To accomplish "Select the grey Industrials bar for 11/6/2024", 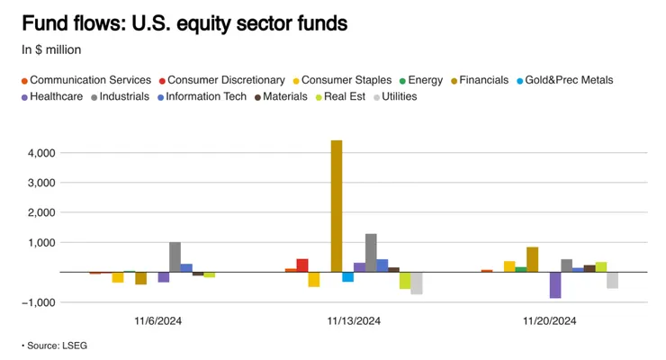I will pyautogui.click(x=175, y=256).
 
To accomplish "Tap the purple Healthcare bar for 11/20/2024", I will pyautogui.click(x=554, y=284).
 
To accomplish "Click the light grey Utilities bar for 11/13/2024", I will pyautogui.click(x=417, y=283).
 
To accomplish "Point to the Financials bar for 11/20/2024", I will pyautogui.click(x=532, y=259).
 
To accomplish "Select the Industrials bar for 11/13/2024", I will pyautogui.click(x=371, y=252).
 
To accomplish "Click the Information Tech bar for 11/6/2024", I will pyautogui.click(x=186, y=267).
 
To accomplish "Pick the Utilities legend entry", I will pyautogui.click(x=399, y=96).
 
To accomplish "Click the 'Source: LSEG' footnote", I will pyautogui.click(x=56, y=345).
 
